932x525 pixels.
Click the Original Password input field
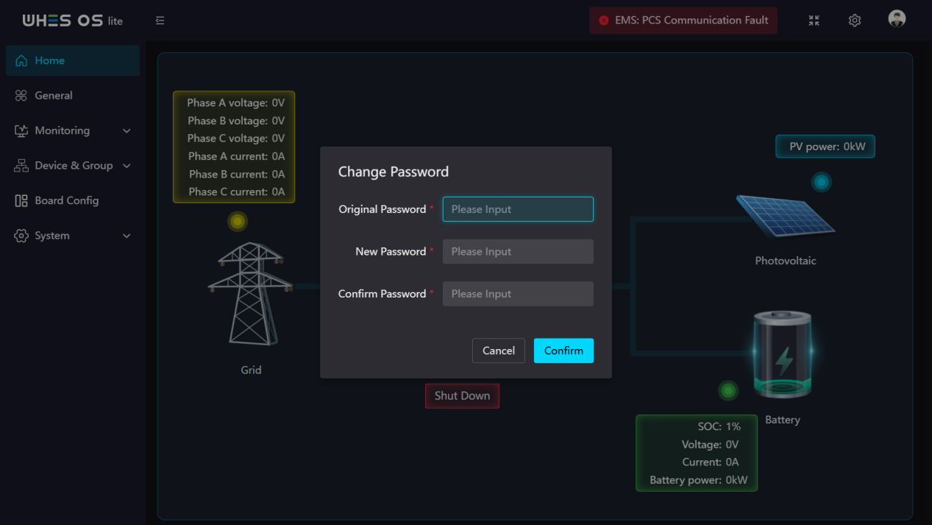pos(518,209)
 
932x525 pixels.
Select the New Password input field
pos(518,252)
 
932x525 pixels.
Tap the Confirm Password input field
pos(518,294)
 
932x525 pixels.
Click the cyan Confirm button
pos(563,350)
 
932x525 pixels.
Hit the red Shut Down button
pos(462,395)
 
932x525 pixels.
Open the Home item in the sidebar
pos(73,60)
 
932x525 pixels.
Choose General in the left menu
pos(53,95)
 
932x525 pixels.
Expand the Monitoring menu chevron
pos(127,131)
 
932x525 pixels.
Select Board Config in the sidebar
pos(66,200)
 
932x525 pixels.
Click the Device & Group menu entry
pos(74,165)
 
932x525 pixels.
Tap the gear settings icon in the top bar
pos(854,21)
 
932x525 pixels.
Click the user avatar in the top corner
pos(897,19)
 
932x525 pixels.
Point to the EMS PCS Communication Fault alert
pos(683,21)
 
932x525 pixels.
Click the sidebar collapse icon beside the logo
pos(160,21)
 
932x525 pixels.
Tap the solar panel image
pos(786,216)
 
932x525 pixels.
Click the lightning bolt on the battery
pos(784,361)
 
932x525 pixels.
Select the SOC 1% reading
pos(719,426)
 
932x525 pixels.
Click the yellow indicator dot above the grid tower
pos(238,222)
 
